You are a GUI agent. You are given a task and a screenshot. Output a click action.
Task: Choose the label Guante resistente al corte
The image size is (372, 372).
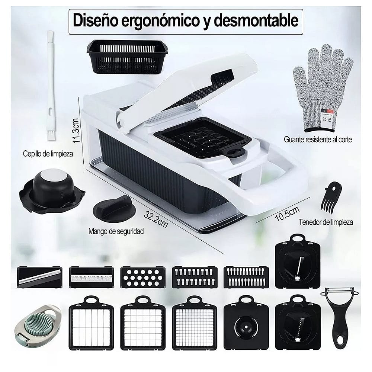click(x=318, y=140)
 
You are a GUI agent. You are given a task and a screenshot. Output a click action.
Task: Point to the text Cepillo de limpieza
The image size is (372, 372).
click(x=48, y=153)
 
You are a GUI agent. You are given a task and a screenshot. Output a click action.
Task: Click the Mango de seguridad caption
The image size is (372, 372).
click(x=116, y=231)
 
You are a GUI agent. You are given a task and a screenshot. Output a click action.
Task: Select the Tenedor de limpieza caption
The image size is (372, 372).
click(x=326, y=222)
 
